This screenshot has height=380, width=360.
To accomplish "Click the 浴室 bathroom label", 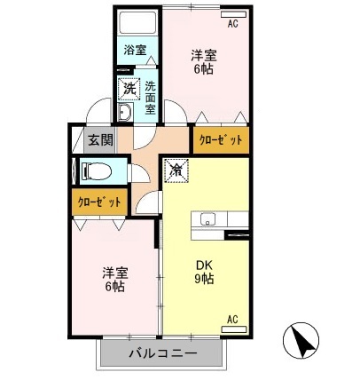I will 135,51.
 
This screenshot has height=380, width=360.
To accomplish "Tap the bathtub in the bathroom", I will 137,21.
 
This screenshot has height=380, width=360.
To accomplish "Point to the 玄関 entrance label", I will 99,139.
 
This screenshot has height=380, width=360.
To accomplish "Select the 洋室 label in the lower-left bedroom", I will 111,273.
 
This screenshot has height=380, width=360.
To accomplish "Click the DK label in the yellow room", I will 205,264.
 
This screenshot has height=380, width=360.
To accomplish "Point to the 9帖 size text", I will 205,279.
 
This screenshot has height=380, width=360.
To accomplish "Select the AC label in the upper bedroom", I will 232,24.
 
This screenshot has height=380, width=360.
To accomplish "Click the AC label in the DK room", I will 232,320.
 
